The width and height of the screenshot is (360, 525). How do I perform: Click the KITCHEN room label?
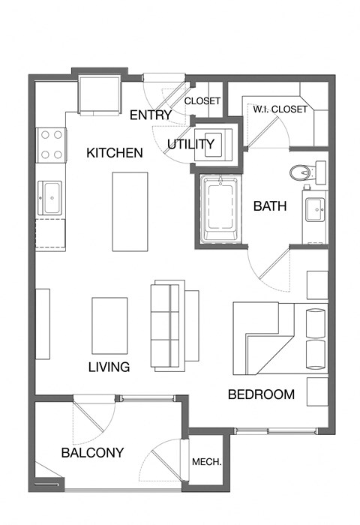click(115, 153)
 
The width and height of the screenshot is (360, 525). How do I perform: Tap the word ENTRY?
click(151, 115)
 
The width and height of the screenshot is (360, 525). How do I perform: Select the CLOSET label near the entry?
click(202, 100)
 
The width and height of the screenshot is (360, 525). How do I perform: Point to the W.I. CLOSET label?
click(280, 109)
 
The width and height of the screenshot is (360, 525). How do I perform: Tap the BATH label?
click(269, 206)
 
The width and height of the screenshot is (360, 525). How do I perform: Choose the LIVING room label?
click(109, 367)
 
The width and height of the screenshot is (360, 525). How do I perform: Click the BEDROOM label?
click(262, 394)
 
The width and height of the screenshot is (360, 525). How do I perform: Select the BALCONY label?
click(92, 453)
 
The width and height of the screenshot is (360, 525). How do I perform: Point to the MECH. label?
click(206, 462)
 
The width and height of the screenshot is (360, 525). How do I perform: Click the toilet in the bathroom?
click(300, 172)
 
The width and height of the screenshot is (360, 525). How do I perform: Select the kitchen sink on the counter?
click(50, 199)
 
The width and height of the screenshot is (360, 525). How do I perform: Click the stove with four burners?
click(51, 145)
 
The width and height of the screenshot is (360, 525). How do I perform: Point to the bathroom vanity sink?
click(314, 209)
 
